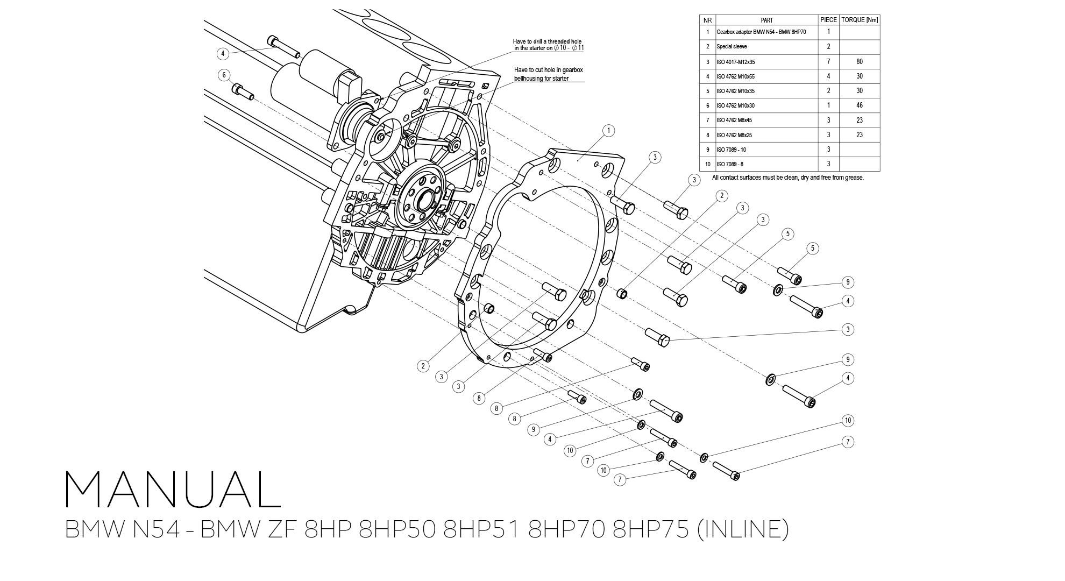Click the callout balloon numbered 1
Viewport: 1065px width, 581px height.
click(608, 130)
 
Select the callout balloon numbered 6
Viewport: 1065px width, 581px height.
click(224, 75)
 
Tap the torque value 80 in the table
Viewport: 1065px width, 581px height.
click(859, 62)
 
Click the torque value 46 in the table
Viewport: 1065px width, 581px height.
click(859, 105)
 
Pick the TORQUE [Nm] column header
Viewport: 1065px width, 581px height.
click(859, 20)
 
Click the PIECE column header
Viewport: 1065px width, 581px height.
click(828, 20)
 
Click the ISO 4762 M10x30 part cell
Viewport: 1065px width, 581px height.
click(735, 105)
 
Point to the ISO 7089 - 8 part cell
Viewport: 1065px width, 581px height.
click(730, 164)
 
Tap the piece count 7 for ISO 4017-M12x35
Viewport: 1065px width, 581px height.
click(828, 62)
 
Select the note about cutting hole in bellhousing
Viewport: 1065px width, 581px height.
click(549, 74)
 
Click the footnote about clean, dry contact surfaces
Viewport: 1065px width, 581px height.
click(787, 178)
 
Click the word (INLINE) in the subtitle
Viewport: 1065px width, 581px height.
click(743, 529)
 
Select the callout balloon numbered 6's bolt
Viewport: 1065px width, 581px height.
click(243, 91)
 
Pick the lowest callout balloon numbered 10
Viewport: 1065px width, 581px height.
click(603, 470)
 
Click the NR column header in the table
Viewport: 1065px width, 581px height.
click(707, 20)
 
